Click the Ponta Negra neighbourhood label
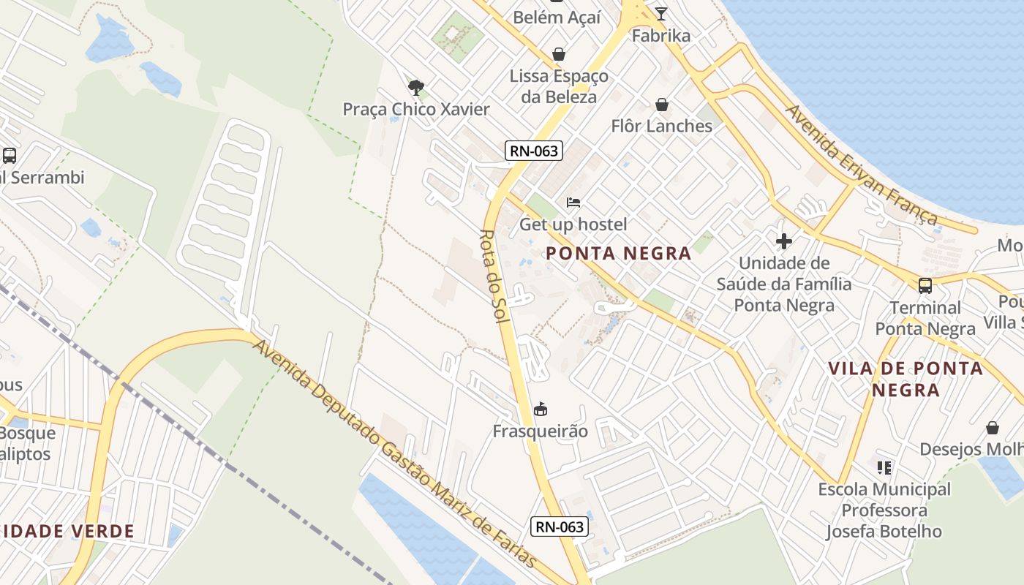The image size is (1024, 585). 619,254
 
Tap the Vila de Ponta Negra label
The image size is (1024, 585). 906,379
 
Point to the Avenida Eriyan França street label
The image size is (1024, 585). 861,165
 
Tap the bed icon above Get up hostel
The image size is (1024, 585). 573,203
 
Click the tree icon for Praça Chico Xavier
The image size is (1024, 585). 416,88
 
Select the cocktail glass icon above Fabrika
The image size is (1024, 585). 661,13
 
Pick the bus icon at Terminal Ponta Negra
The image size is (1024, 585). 925,285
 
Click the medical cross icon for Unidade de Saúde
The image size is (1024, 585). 784,241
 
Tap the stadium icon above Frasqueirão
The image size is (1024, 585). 541,409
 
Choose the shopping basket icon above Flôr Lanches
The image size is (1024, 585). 662,105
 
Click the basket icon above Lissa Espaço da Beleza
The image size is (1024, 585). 559,54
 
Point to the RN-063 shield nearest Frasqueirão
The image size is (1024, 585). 560,526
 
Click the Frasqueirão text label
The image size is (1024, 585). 541,431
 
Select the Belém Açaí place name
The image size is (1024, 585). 557,17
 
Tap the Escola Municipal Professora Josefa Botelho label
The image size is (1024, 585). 884,510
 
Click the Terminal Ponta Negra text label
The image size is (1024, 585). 925,318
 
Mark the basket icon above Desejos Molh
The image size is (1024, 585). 993,427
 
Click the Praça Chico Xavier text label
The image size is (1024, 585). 416,110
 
